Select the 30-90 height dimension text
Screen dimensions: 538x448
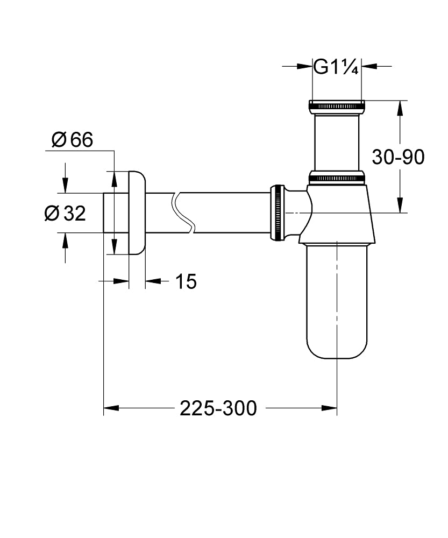[x=399, y=157]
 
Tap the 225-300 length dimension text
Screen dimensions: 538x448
[x=218, y=408]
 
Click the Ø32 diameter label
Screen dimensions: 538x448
[x=65, y=214]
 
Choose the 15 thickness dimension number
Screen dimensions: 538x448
[x=186, y=281]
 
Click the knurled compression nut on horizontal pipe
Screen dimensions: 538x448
[x=278, y=213]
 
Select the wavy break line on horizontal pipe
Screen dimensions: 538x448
[x=181, y=213]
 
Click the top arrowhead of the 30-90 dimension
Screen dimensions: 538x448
[x=400, y=107]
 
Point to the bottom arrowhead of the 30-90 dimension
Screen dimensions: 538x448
[x=400, y=206]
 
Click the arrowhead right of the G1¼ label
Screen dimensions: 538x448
[x=368, y=67]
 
